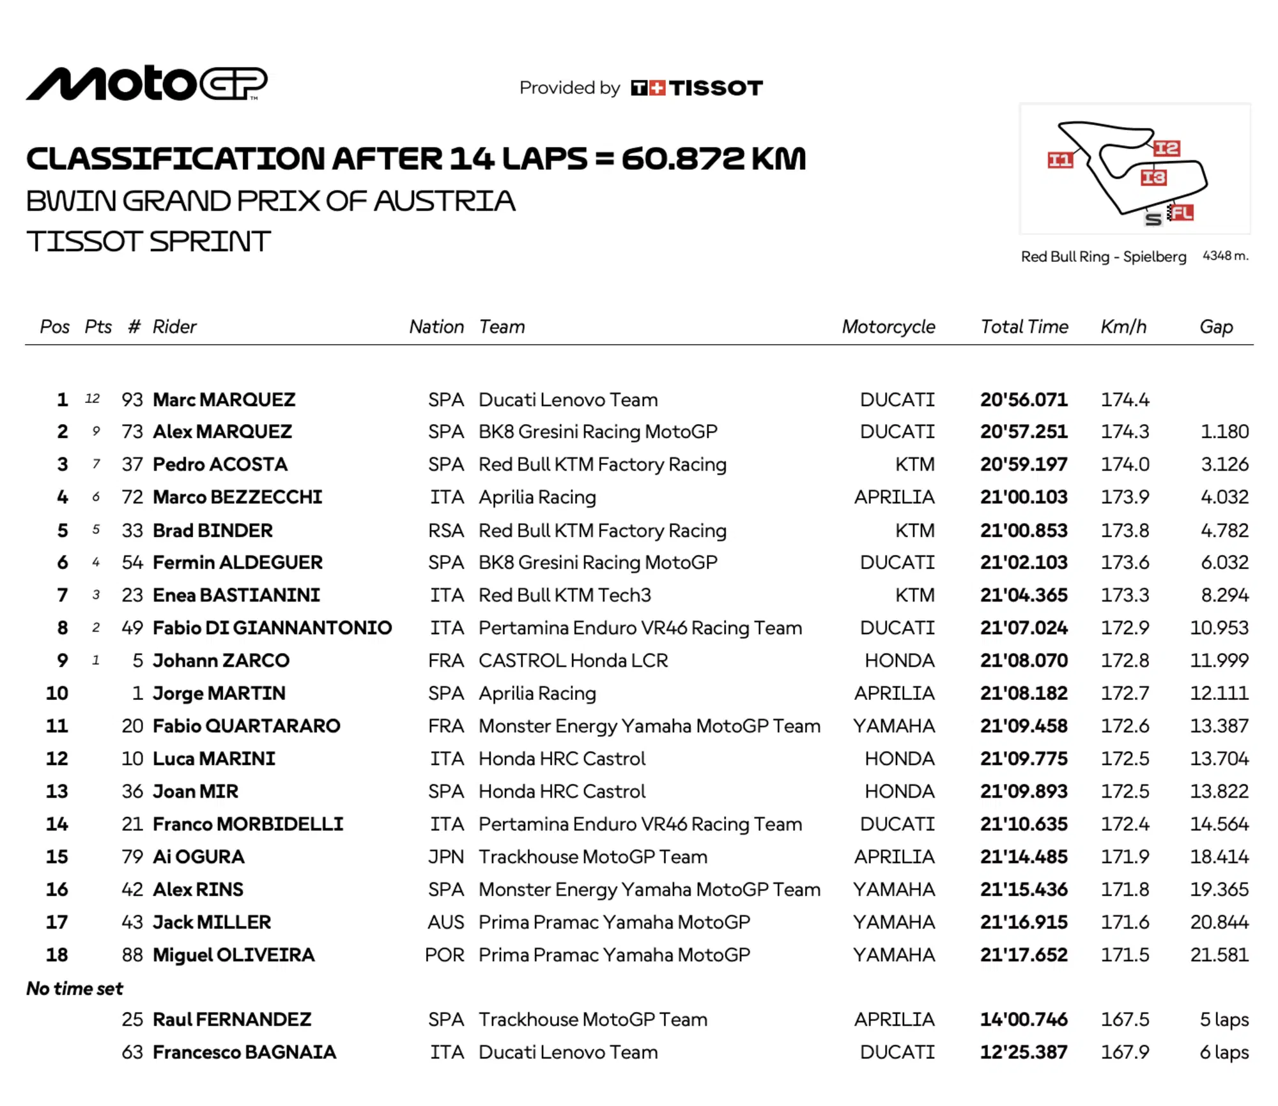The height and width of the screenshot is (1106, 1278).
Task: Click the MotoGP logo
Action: [146, 84]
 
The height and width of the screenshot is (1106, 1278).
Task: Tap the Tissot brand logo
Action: [697, 87]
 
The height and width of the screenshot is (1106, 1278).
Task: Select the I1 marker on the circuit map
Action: [1059, 160]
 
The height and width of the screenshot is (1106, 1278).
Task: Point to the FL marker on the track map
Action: [1181, 213]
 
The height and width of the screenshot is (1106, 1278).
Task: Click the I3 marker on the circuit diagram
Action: [1153, 178]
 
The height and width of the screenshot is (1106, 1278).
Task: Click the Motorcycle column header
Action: [888, 327]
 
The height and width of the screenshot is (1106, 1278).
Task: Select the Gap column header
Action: [1215, 327]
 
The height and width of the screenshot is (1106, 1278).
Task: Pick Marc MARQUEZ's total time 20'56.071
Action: [1023, 400]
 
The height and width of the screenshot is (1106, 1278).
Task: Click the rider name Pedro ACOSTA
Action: [220, 464]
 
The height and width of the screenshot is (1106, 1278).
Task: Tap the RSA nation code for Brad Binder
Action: [445, 530]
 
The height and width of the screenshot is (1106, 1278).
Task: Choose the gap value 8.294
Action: [1224, 595]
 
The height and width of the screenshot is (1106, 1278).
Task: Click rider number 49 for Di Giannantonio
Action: [132, 628]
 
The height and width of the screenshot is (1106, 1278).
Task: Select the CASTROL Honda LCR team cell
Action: [573, 660]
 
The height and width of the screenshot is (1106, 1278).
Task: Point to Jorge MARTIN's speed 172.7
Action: [1124, 693]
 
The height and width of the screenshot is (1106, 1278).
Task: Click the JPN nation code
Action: [445, 857]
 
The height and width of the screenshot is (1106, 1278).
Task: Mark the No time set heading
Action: [75, 989]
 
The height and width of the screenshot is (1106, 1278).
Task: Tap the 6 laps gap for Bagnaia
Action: [1223, 1052]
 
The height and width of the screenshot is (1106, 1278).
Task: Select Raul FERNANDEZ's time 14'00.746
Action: [1023, 1020]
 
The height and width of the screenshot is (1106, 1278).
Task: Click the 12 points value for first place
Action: [93, 399]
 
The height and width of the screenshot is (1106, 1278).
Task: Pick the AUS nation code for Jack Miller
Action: [445, 922]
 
